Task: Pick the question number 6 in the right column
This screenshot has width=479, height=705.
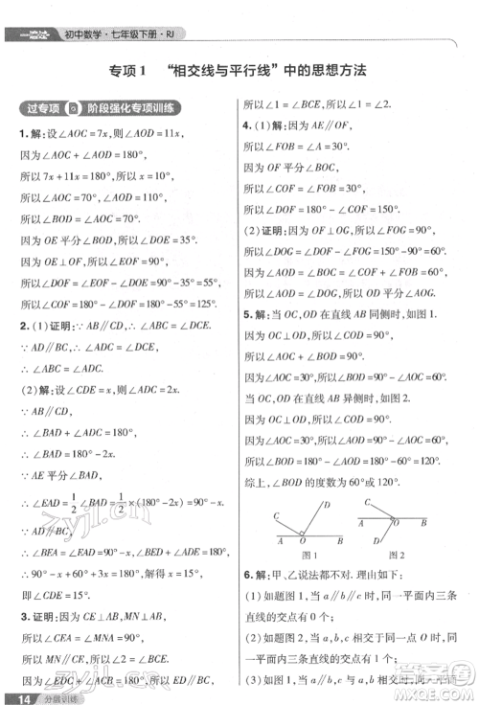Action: click(246, 576)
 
